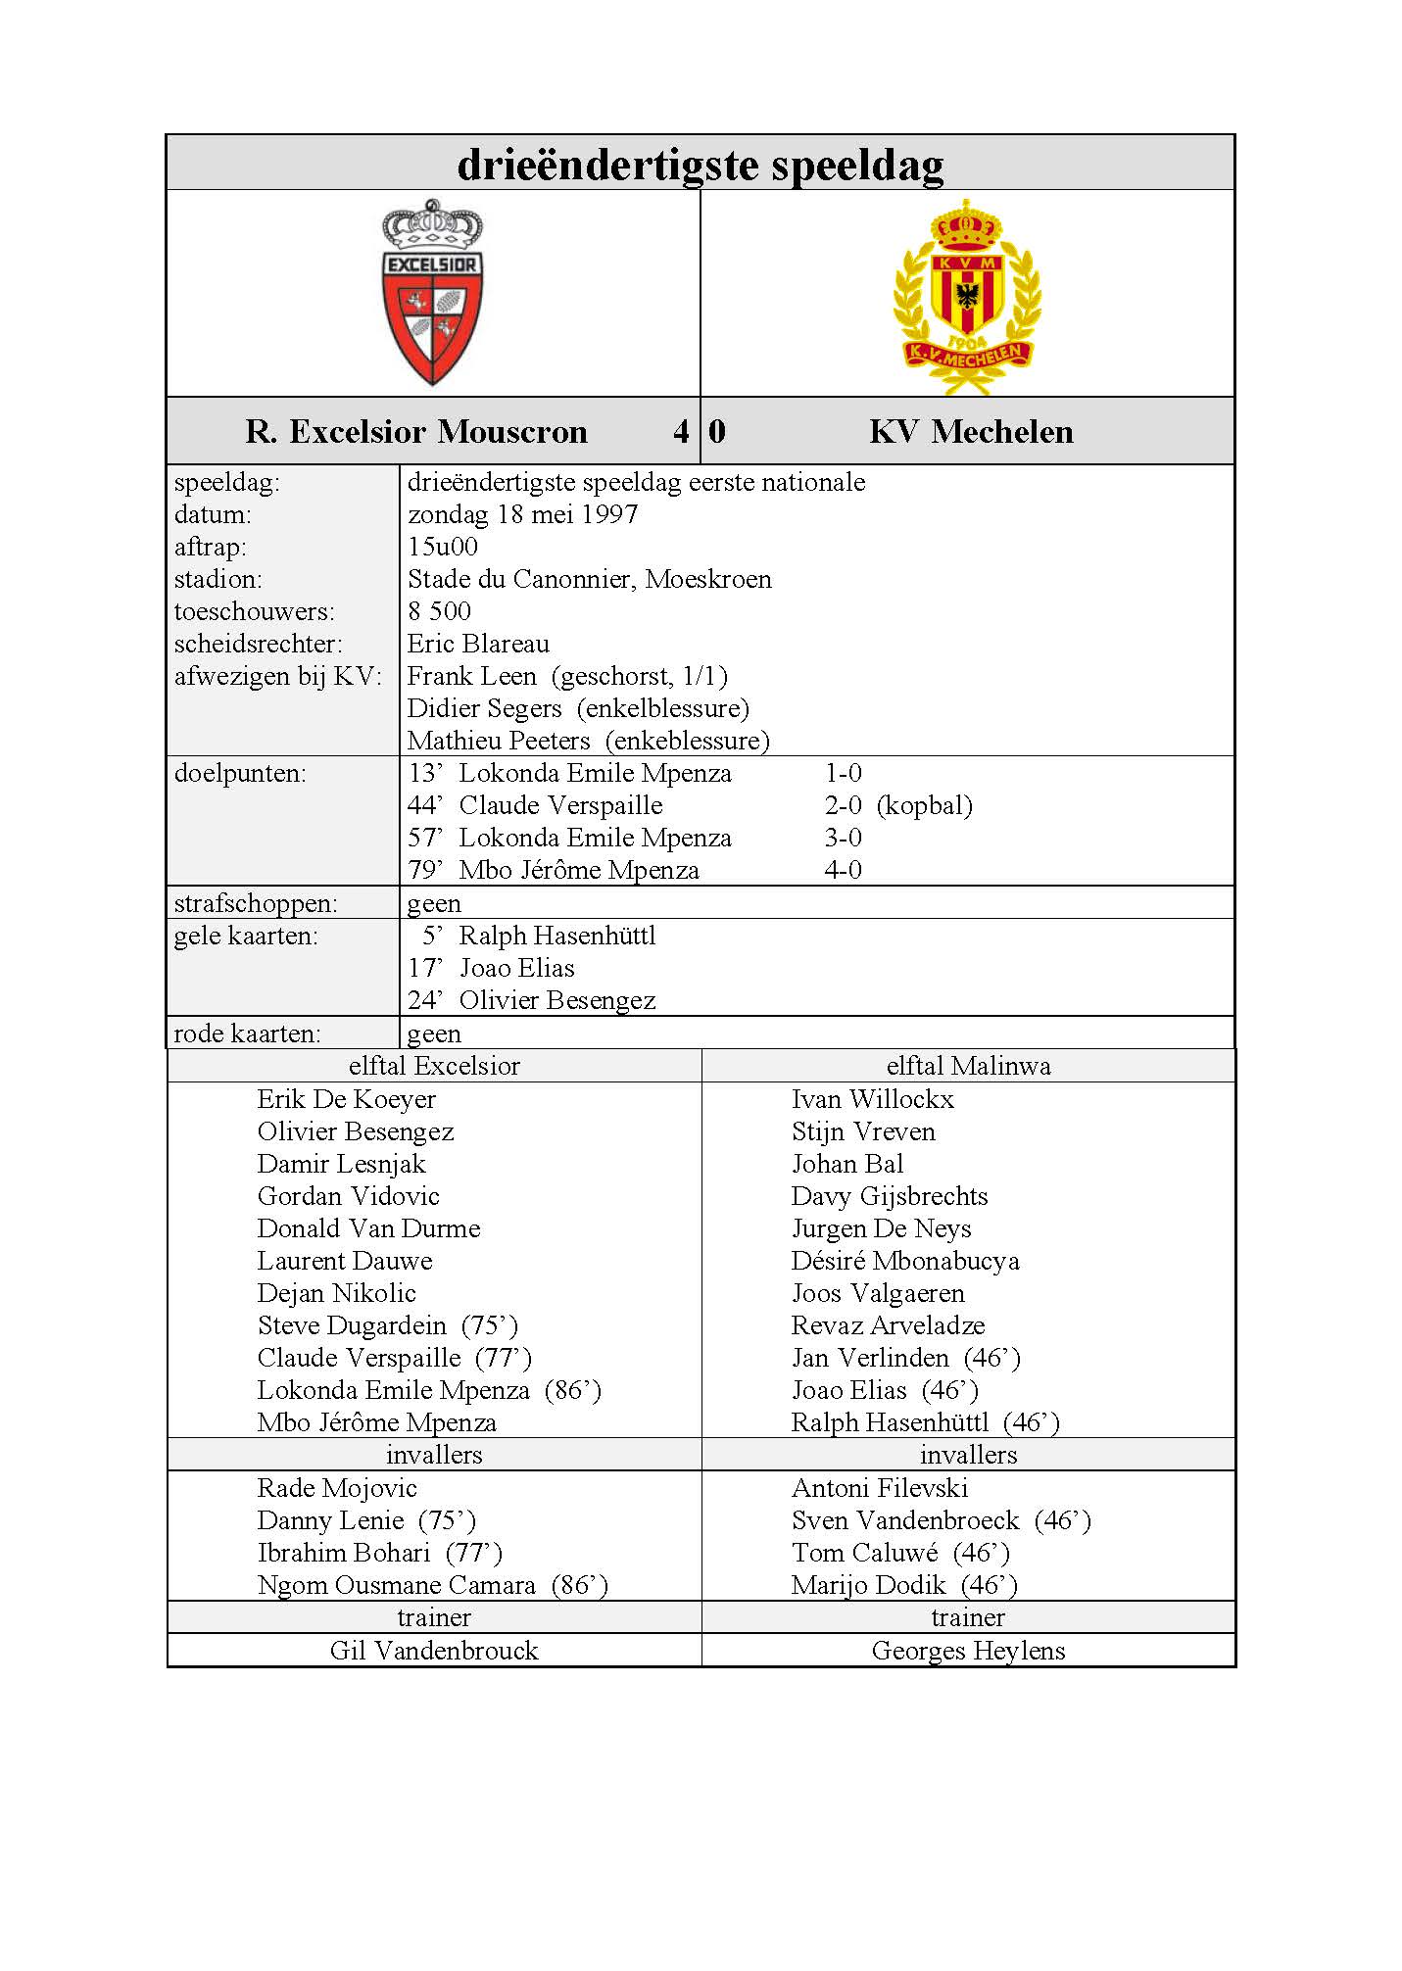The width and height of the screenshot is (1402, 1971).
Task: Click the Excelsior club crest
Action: [432, 292]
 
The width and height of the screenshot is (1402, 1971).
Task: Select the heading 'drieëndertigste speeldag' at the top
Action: [701, 164]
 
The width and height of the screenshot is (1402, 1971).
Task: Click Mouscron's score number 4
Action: [681, 431]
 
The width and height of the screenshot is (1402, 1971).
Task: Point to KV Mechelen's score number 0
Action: [717, 431]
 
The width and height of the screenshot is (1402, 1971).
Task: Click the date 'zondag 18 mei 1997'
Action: [522, 514]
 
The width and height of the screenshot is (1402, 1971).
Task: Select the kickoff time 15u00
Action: [443, 547]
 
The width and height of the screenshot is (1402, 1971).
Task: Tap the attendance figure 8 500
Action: [439, 611]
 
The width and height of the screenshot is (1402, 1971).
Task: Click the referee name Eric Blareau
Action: [478, 644]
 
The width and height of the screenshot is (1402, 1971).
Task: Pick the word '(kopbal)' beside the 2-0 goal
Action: [924, 805]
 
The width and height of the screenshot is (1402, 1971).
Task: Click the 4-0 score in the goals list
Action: [843, 870]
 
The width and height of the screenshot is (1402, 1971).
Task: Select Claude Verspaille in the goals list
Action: [560, 805]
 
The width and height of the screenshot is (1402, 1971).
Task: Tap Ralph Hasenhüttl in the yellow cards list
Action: [556, 936]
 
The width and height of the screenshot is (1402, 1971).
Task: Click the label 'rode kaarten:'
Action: [247, 1034]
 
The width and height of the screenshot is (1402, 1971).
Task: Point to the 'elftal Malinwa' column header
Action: [968, 1066]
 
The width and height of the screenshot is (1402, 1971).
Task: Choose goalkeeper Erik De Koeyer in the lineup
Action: [346, 1099]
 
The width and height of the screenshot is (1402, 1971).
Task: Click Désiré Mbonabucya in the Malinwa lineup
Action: [905, 1261]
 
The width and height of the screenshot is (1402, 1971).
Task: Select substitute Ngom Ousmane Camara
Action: [396, 1585]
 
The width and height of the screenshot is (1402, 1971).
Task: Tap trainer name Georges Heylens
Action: [968, 1651]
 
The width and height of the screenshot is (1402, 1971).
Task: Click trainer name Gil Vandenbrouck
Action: [434, 1651]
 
